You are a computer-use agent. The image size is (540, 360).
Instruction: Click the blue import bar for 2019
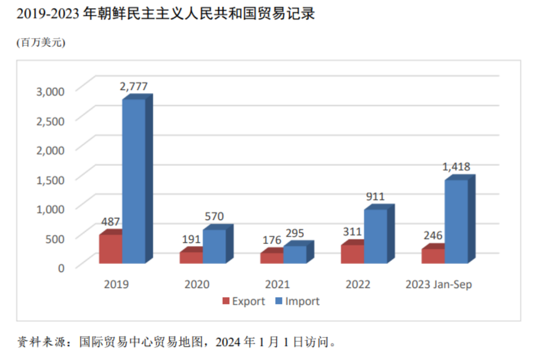(x=134, y=181)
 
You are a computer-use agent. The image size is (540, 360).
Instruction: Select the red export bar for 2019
(x=110, y=248)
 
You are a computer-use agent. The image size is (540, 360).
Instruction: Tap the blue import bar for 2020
(x=214, y=246)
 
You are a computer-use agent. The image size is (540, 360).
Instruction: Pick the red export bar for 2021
(x=271, y=257)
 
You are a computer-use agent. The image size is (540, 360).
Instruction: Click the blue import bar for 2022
(x=375, y=236)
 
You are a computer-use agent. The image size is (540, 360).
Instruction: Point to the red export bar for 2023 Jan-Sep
(x=433, y=255)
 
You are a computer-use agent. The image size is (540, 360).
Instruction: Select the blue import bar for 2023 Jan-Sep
(x=456, y=221)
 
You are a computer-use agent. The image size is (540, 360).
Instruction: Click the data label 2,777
(x=134, y=86)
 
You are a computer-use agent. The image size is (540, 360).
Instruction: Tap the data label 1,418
(x=456, y=167)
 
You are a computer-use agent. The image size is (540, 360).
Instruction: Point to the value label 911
(x=375, y=196)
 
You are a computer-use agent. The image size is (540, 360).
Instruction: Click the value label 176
(x=271, y=239)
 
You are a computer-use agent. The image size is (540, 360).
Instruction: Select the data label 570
(x=214, y=216)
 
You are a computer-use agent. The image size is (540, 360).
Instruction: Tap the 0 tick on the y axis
(x=62, y=267)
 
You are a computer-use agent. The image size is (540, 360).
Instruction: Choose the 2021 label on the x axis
(x=277, y=284)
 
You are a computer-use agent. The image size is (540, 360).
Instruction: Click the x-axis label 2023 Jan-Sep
(x=438, y=284)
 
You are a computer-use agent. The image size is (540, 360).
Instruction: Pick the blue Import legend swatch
(x=279, y=301)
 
